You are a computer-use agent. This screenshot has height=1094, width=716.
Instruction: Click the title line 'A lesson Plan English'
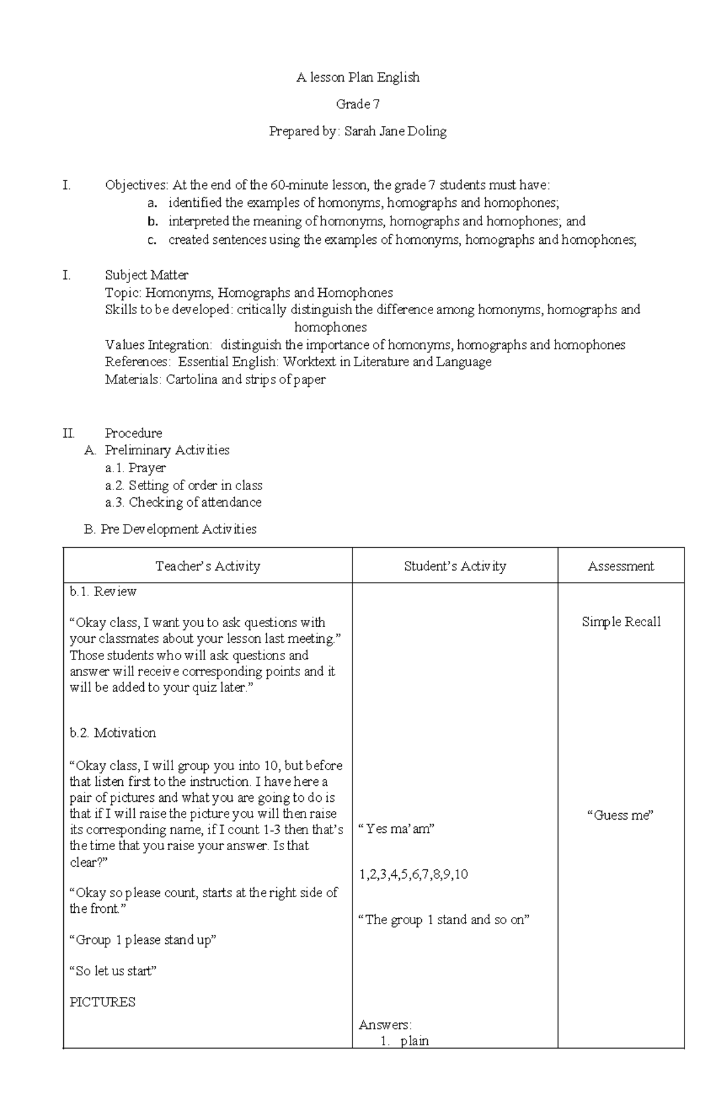pos(358,78)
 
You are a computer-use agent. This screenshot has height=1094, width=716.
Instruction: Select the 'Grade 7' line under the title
pos(358,104)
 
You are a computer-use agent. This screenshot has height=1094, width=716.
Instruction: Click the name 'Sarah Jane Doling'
pos(395,131)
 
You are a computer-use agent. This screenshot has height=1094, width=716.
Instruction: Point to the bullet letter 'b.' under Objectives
pos(153,222)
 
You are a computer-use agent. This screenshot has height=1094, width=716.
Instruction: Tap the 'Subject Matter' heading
pos(147,275)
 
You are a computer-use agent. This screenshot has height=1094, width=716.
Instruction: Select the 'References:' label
pos(138,362)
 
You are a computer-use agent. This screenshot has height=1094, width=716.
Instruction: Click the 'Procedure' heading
pos(134,433)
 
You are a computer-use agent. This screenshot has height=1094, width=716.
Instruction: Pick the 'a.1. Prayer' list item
pos(135,468)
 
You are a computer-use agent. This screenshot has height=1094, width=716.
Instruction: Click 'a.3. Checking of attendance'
pos(183,503)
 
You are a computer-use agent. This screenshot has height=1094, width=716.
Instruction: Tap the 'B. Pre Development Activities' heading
pos(171,529)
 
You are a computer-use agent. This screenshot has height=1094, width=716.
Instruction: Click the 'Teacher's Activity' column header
pos(208,566)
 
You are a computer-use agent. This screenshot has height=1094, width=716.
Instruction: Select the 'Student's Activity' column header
pos(455,566)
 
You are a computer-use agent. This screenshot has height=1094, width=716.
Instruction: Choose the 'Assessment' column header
pos(621,566)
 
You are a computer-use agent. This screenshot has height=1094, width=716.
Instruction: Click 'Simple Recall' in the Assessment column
pos(621,622)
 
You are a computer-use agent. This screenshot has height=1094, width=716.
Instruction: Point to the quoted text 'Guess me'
pos(621,815)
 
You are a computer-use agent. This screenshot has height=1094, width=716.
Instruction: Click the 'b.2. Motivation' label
pos(113,733)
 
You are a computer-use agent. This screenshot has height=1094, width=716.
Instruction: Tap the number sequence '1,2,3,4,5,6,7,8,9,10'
pos(413,875)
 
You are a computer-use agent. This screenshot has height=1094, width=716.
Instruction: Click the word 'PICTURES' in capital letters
pos(103,1002)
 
